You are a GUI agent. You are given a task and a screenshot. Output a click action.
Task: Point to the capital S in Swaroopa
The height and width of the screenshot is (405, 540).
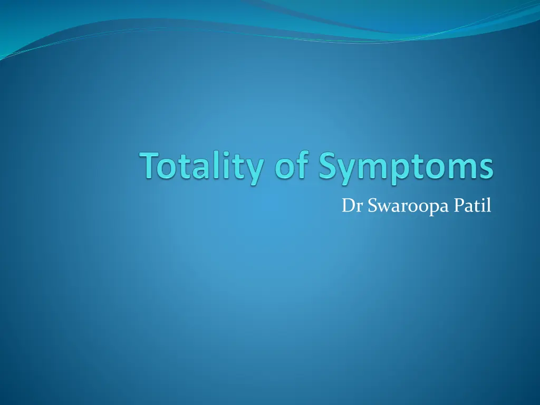click(x=372, y=206)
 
